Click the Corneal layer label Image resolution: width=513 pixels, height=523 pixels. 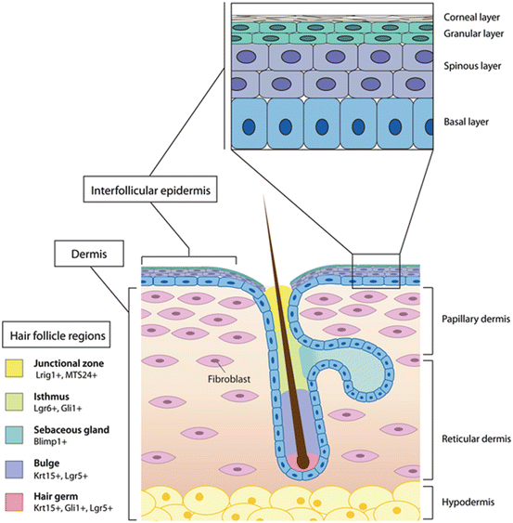coord(469,17)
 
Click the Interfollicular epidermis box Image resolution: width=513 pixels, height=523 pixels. coord(154,191)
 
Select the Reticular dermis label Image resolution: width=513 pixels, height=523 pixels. coord(471,412)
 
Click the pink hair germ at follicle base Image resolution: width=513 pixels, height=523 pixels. coord(299,463)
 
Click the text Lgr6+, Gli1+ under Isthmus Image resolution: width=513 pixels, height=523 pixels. coord(60,411)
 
